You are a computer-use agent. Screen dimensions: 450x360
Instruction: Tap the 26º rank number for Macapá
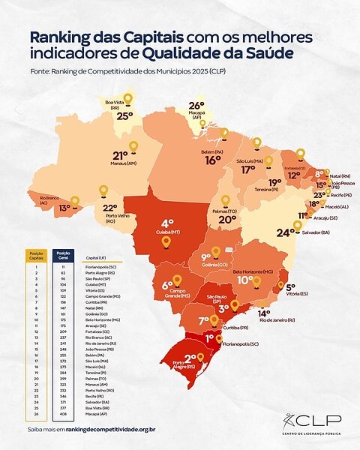(196, 106)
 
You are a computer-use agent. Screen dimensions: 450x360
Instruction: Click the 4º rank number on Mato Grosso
(167, 223)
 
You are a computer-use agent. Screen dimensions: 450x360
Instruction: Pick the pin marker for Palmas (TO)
(225, 200)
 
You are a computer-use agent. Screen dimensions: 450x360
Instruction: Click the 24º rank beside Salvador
(283, 232)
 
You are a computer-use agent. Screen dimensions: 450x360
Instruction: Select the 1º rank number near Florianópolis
(209, 338)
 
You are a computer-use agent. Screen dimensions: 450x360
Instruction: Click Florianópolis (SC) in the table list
(105, 266)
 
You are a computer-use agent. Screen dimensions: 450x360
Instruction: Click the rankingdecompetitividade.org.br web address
(110, 429)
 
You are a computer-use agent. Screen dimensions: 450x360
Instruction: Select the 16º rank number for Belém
(213, 160)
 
